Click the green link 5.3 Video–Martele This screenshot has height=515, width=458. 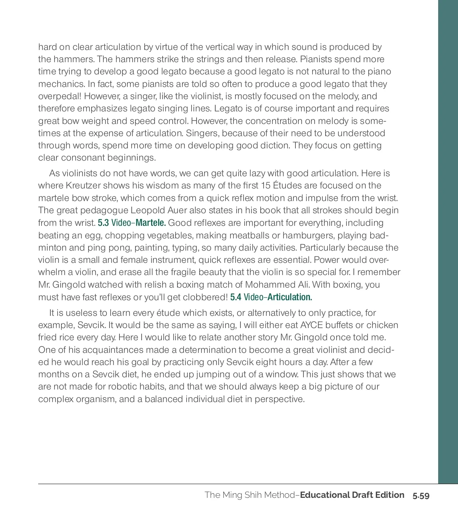(132, 223)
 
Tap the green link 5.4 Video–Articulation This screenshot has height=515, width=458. (271, 297)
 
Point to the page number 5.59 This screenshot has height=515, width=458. (421, 496)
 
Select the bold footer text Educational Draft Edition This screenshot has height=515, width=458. (352, 495)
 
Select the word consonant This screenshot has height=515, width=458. (83, 158)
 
